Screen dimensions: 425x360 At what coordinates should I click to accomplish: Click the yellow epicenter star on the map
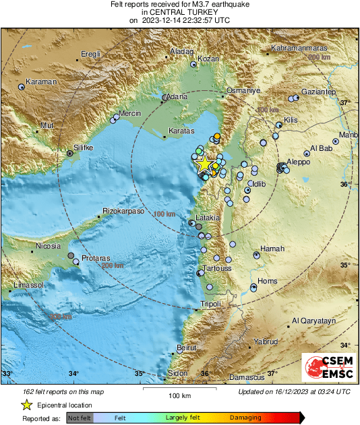(x=203, y=164)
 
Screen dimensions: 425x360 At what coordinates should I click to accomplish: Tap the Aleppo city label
(x=299, y=162)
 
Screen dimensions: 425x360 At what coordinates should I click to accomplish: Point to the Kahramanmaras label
(x=300, y=48)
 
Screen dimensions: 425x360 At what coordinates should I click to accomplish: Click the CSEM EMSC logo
(x=326, y=368)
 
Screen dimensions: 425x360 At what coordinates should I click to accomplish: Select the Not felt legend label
(x=80, y=418)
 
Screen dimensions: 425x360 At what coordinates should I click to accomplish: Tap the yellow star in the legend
(x=26, y=405)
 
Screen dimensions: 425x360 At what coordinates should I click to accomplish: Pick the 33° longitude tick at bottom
(x=8, y=373)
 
